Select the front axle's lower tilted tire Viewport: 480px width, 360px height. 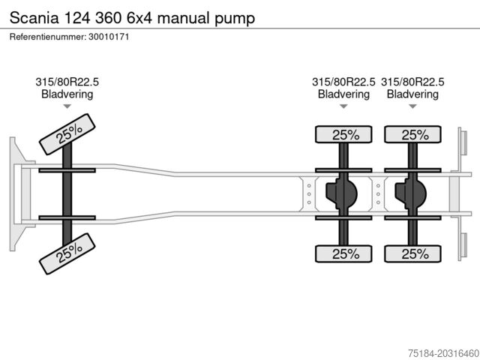point(68,253)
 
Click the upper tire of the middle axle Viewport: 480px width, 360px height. point(344,135)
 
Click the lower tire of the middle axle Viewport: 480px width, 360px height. point(344,253)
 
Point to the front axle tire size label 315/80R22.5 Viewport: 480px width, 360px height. point(67,82)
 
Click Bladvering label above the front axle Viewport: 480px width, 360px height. point(67,94)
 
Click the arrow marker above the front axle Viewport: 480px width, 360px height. point(67,106)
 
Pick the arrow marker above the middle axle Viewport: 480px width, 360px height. point(343,106)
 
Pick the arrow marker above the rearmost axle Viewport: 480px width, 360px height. point(412,106)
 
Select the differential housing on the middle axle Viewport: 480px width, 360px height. point(341,194)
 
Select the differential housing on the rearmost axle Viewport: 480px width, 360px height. point(411,194)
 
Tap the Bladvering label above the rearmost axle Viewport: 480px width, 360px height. point(412,94)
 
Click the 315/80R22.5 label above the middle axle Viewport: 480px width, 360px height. point(343,82)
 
